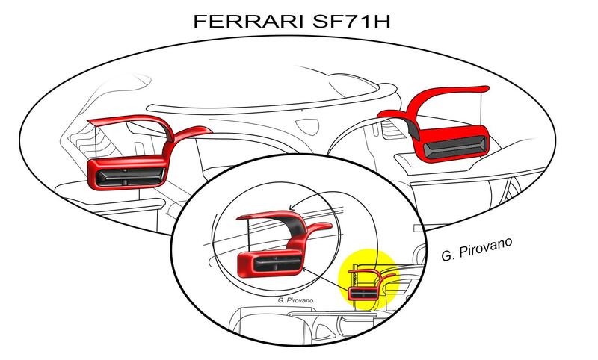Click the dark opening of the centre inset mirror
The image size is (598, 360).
point(270,264)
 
